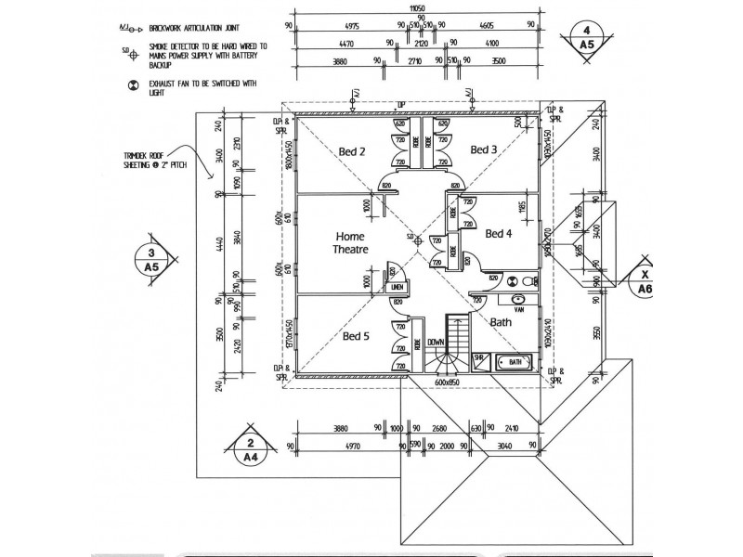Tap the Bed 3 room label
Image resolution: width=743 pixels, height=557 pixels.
click(x=483, y=149)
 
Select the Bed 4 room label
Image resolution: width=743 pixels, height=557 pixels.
click(x=500, y=233)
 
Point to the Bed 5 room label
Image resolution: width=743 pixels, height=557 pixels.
click(x=357, y=336)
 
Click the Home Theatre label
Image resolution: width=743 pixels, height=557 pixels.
click(x=351, y=242)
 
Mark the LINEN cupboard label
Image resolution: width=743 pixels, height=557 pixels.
click(x=398, y=288)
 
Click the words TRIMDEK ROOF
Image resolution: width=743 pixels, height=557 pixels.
click(x=143, y=157)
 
